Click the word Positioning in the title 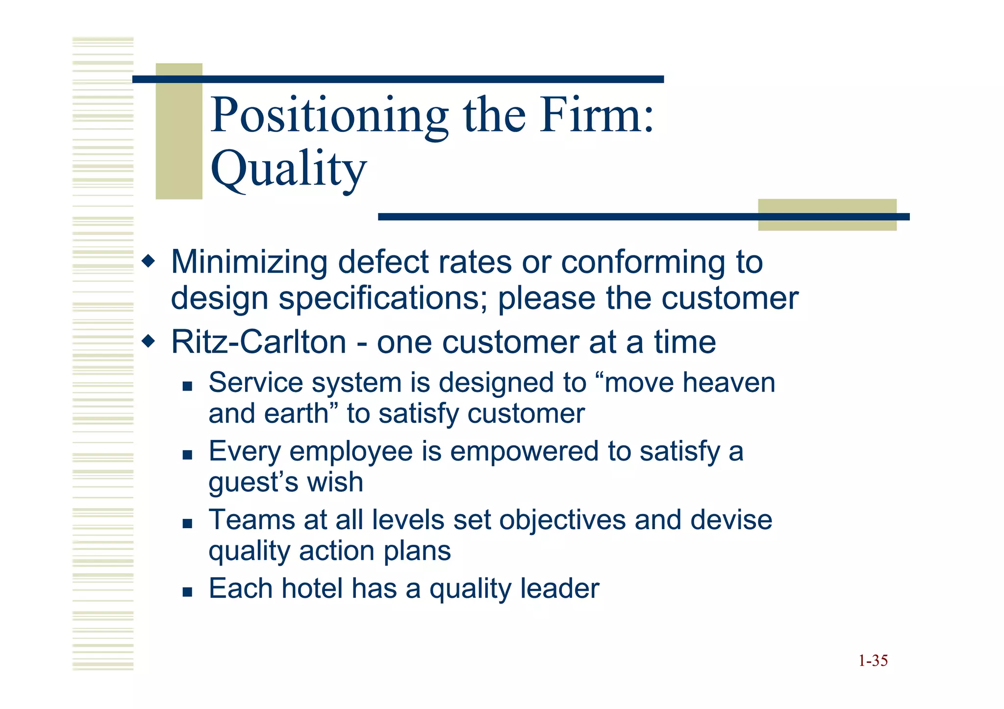click(329, 116)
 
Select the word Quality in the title click(288, 169)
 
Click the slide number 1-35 click(873, 661)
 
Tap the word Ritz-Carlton click(258, 342)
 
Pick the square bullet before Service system click(187, 386)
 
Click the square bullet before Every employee click(187, 455)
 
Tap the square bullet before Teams click(187, 523)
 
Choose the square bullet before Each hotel click(187, 592)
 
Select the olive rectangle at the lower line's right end click(827, 215)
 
